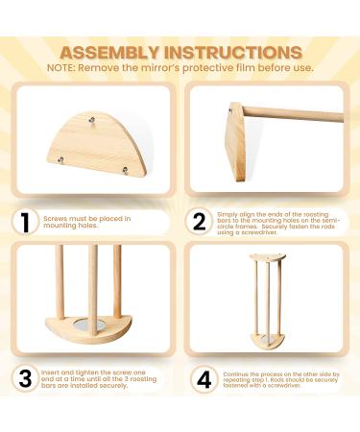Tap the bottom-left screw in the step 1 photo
pos(60,159)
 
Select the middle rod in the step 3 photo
pos(93,283)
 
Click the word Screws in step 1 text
pos(55,218)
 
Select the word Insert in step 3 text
pos(54,370)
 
